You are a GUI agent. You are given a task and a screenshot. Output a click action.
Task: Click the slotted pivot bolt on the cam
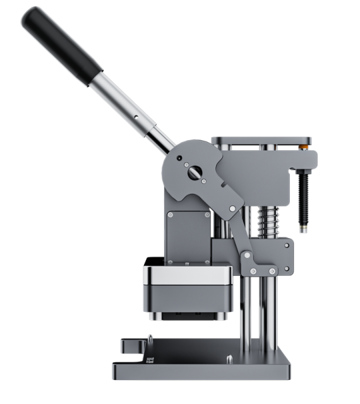194,171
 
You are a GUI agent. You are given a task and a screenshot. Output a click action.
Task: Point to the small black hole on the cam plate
179,158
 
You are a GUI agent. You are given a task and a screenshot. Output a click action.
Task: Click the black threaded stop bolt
303,196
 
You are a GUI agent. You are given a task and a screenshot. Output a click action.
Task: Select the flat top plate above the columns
261,140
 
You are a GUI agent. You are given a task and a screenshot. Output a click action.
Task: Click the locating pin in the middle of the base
228,360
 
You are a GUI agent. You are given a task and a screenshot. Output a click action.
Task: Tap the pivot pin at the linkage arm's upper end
232,208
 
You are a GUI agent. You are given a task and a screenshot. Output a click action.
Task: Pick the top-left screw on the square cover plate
171,214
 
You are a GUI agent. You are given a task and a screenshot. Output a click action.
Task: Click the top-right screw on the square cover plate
206,214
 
